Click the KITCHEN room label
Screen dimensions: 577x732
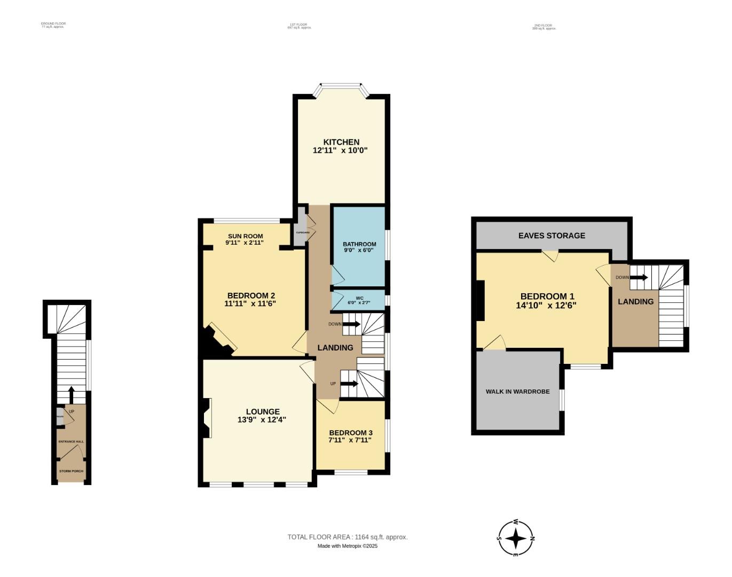(341, 142)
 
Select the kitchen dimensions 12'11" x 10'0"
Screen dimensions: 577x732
(341, 151)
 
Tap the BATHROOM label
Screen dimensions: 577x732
(359, 244)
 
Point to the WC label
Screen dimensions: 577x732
(359, 298)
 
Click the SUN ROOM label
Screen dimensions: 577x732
(245, 236)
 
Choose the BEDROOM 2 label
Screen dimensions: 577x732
(251, 295)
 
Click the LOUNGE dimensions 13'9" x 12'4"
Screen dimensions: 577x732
(262, 420)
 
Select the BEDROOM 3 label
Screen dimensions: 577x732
(351, 433)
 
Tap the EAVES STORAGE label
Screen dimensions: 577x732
(552, 236)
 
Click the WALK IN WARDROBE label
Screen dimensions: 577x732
(517, 392)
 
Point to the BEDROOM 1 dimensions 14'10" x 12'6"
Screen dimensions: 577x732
(546, 306)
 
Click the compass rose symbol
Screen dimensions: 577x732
(516, 538)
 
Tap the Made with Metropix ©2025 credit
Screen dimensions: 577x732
(348, 546)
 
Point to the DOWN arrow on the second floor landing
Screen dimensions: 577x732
(639, 278)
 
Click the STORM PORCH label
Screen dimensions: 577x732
(71, 471)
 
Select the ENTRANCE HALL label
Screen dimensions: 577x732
(71, 442)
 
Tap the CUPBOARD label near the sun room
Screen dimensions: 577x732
(303, 232)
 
